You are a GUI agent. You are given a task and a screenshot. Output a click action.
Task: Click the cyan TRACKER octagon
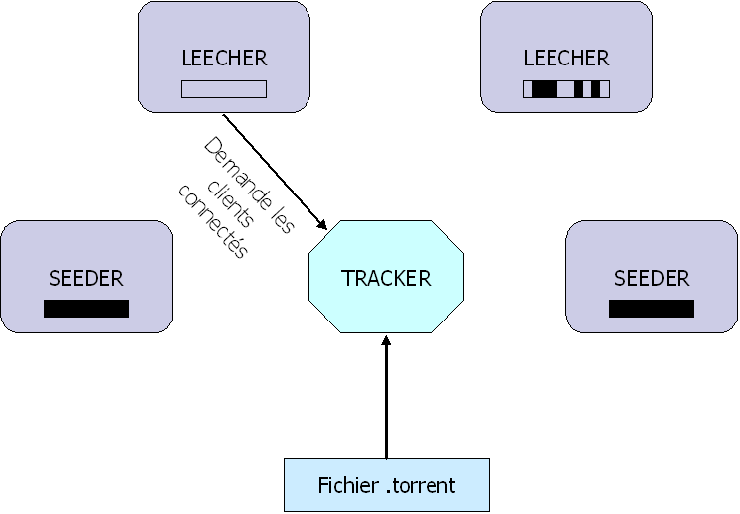(x=386, y=278)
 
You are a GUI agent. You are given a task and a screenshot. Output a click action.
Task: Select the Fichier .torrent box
(x=387, y=485)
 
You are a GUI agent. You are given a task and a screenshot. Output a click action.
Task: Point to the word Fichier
(x=347, y=485)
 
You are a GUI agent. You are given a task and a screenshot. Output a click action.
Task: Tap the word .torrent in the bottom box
(x=420, y=485)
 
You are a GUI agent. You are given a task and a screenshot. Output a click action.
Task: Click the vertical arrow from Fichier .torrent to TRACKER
(x=386, y=397)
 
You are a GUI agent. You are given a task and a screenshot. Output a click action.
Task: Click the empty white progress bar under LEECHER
(x=223, y=89)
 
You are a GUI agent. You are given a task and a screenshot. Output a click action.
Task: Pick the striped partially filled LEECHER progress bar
(x=566, y=89)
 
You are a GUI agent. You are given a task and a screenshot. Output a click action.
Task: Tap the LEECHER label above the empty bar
(x=224, y=58)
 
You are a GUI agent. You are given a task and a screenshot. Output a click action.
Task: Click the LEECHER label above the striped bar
(x=566, y=58)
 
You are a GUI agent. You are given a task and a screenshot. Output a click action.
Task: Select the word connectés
(x=211, y=220)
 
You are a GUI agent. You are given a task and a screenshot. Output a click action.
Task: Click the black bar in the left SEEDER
(x=86, y=309)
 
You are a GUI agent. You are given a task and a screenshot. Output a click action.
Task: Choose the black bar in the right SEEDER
(x=652, y=309)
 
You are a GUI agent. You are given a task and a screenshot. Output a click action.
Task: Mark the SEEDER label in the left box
(x=86, y=278)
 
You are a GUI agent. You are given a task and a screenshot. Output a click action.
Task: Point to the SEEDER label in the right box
(x=652, y=278)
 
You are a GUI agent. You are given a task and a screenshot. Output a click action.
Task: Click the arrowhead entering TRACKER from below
(x=386, y=343)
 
